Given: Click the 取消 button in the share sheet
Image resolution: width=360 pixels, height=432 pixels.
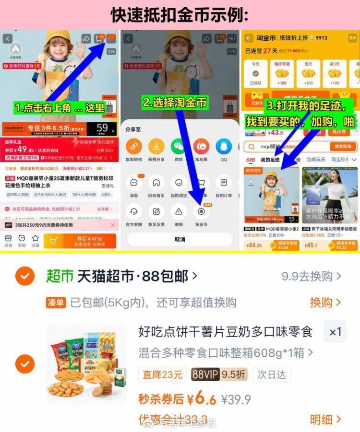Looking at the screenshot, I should click(x=180, y=239).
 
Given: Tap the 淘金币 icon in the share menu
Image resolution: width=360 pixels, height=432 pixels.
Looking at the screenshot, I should click(x=201, y=212).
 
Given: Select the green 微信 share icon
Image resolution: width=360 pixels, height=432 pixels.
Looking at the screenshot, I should click(x=179, y=146).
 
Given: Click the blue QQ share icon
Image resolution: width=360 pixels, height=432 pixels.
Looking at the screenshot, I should click(x=224, y=146).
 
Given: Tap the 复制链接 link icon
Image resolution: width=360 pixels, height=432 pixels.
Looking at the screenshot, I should click(x=133, y=146).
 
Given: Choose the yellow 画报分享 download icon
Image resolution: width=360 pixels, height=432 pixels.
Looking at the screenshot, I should click(x=156, y=146).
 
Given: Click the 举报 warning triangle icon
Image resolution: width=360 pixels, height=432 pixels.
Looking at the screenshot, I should click(x=179, y=212).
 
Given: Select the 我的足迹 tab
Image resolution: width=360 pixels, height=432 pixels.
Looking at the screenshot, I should click(x=270, y=160).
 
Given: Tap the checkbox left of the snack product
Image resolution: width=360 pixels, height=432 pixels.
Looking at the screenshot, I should click(x=24, y=364).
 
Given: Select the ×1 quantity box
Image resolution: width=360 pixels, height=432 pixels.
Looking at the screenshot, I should click(x=336, y=332).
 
